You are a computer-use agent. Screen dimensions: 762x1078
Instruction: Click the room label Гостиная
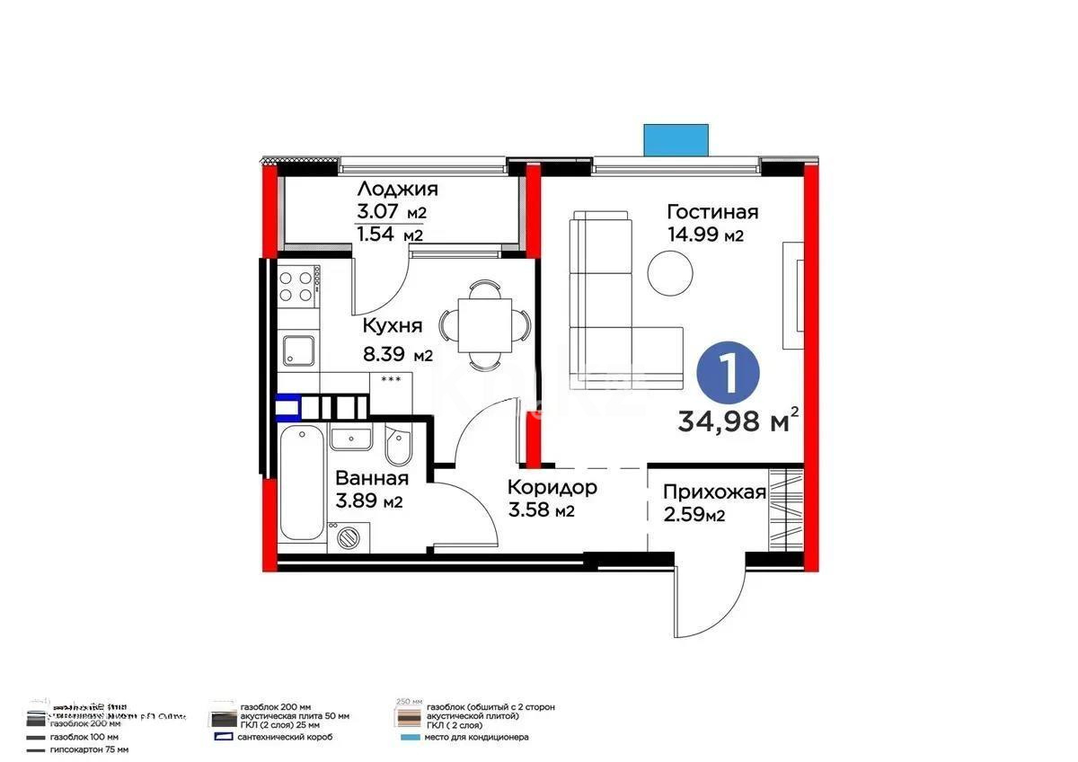(x=712, y=212)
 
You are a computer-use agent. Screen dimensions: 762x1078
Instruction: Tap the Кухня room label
(x=392, y=325)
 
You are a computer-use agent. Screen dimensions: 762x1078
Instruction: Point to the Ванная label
(x=372, y=479)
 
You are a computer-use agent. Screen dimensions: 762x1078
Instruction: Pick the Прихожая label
(x=714, y=492)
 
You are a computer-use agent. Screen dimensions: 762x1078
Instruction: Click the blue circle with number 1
(x=728, y=374)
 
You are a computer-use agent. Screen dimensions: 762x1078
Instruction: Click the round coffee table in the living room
(x=670, y=272)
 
